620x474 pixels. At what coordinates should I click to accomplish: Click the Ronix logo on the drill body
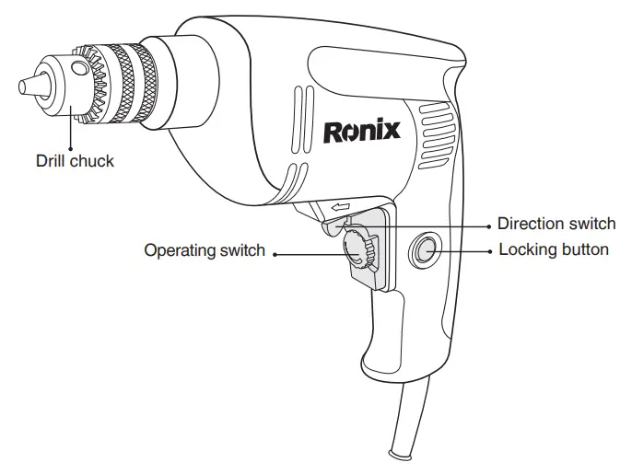tap(361, 131)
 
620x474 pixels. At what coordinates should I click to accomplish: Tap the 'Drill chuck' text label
tap(75, 161)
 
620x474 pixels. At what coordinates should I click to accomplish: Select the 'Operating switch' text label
tap(205, 250)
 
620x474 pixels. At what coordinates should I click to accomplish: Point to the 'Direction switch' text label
tap(556, 224)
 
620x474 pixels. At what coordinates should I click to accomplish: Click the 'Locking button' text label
tap(554, 249)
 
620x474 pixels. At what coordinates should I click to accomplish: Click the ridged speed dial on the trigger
tap(355, 249)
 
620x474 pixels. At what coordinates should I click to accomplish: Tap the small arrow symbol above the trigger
tap(342, 208)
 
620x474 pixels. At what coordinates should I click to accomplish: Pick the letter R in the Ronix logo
tap(333, 131)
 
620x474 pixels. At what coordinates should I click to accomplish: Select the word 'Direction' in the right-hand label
tap(529, 224)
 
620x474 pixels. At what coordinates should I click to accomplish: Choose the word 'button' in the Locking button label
tap(584, 249)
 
